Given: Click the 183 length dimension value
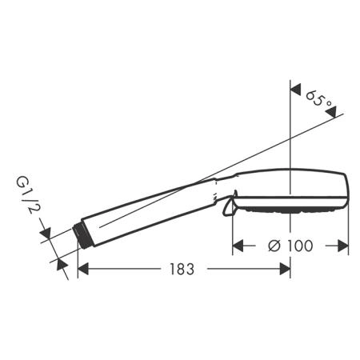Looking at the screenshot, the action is tap(182, 269).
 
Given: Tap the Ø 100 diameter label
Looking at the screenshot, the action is tap(290, 246).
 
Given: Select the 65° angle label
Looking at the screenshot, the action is tap(318, 98).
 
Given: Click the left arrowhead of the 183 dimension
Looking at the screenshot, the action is tap(83, 269).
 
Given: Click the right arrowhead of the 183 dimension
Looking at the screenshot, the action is tap(285, 269).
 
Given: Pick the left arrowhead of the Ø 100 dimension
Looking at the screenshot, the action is tap(238, 246).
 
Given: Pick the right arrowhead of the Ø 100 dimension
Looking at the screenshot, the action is tap(343, 246).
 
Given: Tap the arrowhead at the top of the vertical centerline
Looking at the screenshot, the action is tap(295, 89).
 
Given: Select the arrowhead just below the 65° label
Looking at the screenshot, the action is tap(331, 112).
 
